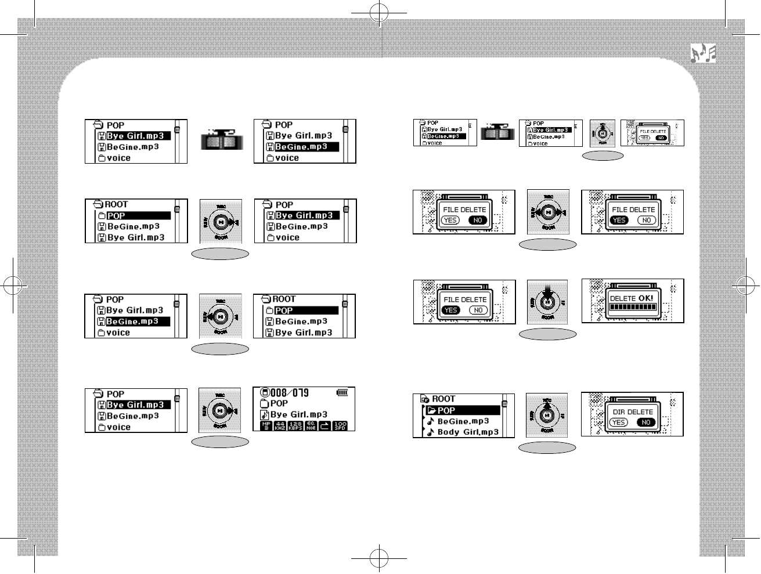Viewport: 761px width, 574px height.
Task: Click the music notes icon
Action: click(x=703, y=53)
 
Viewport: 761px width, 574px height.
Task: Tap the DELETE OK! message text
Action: click(x=632, y=298)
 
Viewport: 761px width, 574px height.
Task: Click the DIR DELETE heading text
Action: click(x=633, y=411)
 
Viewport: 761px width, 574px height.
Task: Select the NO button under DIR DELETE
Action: click(x=645, y=423)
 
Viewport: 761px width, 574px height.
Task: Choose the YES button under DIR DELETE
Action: click(x=619, y=423)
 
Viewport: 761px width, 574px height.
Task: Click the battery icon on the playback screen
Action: click(x=342, y=393)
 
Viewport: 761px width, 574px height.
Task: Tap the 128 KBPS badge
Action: click(x=295, y=426)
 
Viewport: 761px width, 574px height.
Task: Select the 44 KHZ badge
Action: click(x=280, y=426)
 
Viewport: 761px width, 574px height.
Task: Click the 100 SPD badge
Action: click(x=340, y=426)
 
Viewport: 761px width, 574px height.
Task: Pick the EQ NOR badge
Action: click(x=311, y=426)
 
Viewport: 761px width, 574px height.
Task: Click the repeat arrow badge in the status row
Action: click(x=325, y=426)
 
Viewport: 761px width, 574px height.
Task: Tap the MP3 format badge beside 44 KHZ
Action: click(x=266, y=426)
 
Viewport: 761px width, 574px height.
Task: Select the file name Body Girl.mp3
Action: click(x=468, y=432)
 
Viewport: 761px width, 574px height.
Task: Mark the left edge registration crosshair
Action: click(x=12, y=286)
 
